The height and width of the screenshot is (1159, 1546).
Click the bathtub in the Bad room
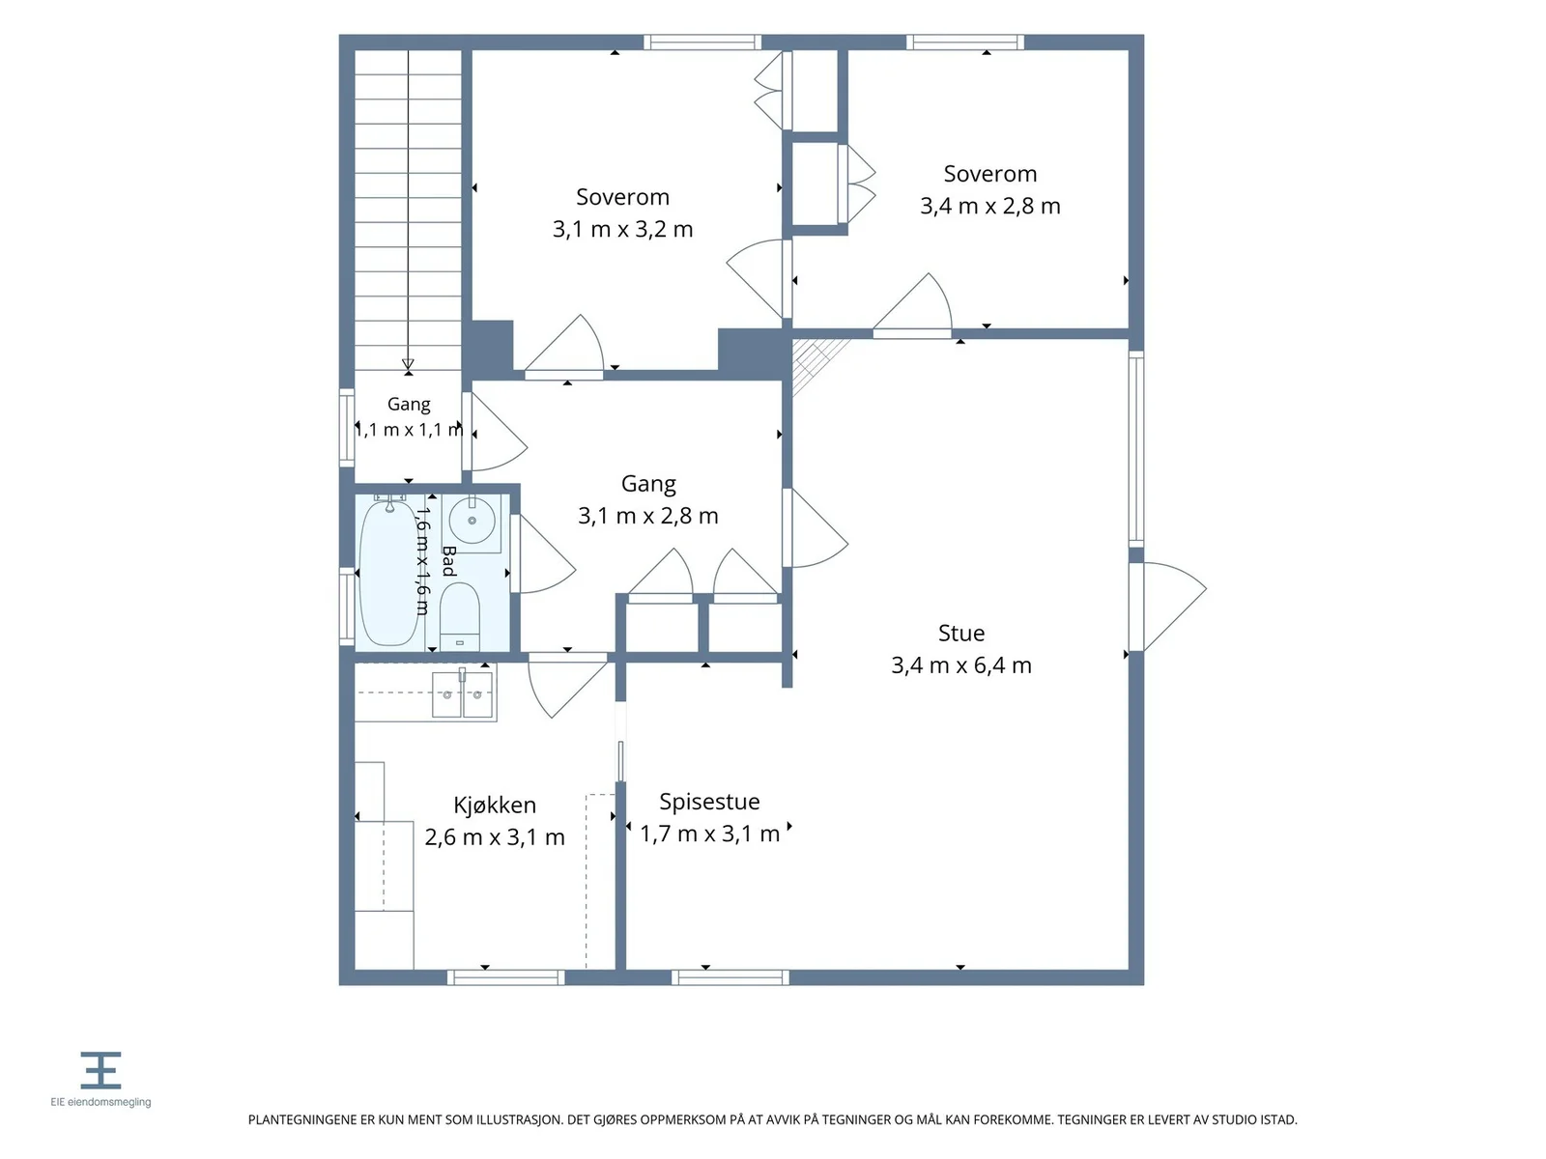click(x=388, y=572)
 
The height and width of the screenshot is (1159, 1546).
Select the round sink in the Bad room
click(x=472, y=521)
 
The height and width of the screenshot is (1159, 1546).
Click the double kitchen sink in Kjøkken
click(x=462, y=693)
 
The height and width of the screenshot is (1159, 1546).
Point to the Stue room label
click(x=960, y=634)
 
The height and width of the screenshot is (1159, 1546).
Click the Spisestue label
click(x=709, y=802)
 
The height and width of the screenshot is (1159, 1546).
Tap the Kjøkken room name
click(x=495, y=806)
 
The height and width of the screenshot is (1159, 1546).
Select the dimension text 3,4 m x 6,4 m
click(x=961, y=665)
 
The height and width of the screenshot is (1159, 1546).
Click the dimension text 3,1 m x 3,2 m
click(x=622, y=230)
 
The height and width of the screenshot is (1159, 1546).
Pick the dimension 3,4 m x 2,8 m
click(x=990, y=206)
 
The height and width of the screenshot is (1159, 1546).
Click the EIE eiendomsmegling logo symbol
click(x=100, y=1070)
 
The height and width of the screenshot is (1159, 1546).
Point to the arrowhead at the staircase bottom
click(x=408, y=364)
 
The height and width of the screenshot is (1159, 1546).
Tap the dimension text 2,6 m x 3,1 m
click(x=495, y=837)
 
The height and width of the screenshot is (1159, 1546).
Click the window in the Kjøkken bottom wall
click(x=505, y=977)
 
